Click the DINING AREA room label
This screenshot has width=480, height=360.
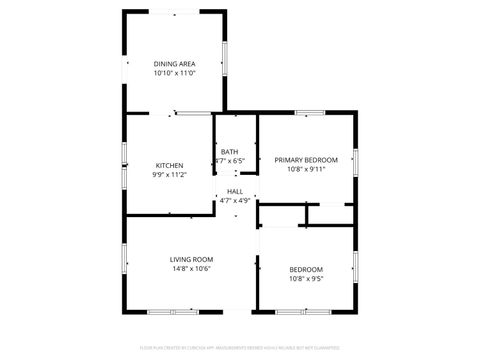point(174,64)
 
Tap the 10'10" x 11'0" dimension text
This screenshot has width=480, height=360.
point(174,73)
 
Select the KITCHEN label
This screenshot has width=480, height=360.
point(169,165)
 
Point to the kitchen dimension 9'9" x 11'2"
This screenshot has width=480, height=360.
point(169,174)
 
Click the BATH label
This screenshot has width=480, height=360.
point(230,152)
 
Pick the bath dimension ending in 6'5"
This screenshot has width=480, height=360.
point(231,161)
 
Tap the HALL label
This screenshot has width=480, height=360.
point(235,191)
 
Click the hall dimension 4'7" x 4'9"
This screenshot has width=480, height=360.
point(235,200)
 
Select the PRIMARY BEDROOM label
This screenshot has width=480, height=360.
point(306,160)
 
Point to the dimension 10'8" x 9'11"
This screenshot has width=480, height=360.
point(306,169)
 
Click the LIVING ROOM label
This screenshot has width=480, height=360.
point(191,259)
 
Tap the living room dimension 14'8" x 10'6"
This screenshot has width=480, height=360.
point(191,268)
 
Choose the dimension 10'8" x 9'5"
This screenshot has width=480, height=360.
point(306,278)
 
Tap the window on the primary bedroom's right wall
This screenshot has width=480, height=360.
point(356,160)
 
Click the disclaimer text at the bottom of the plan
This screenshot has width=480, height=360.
point(239,349)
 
